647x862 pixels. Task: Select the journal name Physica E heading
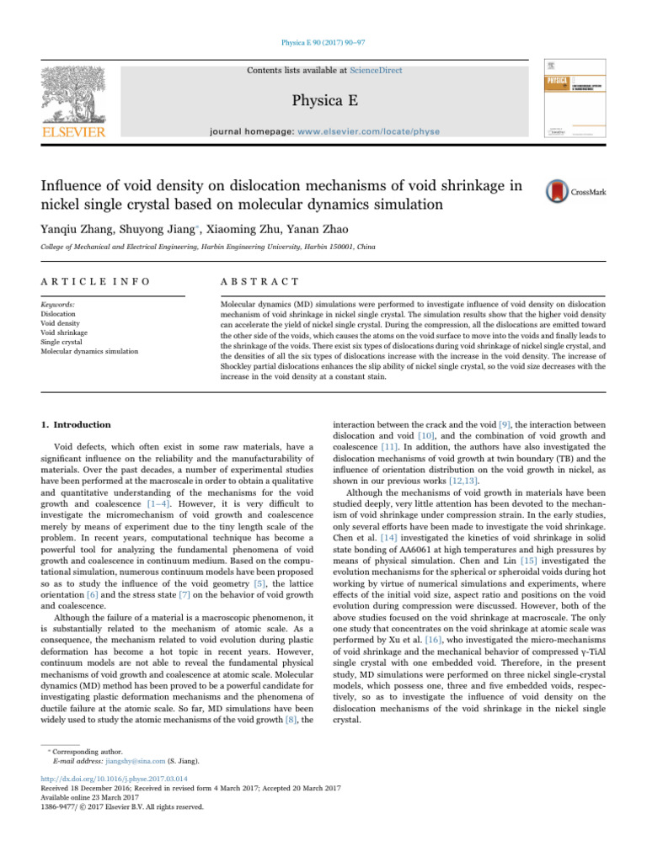point(323,102)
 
